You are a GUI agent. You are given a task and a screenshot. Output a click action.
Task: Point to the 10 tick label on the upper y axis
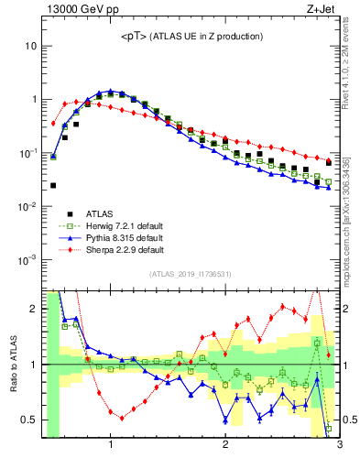[31, 46]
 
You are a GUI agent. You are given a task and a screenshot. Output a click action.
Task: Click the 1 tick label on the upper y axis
[34, 99]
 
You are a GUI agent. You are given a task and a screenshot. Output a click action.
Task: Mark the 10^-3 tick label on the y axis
[27, 260]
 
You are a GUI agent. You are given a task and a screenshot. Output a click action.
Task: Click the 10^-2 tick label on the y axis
[27, 206]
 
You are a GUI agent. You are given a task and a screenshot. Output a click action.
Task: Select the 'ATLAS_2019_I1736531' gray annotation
[191, 275]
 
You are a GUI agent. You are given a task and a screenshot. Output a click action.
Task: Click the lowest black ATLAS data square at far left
[53, 185]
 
